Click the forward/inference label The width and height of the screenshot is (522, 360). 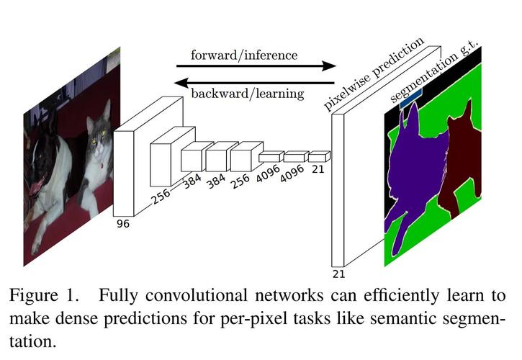244,55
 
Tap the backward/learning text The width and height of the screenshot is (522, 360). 248,94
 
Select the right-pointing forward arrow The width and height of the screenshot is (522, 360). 256,66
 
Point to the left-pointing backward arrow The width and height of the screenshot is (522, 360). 254,82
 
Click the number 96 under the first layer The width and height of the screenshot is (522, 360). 123,224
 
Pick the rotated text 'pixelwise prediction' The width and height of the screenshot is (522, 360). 374,73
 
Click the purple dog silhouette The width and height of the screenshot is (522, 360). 416,166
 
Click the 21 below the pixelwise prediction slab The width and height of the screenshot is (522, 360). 338,274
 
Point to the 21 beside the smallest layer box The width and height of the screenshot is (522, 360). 318,169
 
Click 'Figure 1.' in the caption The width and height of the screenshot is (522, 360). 44,295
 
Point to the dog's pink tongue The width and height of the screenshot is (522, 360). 36,186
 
